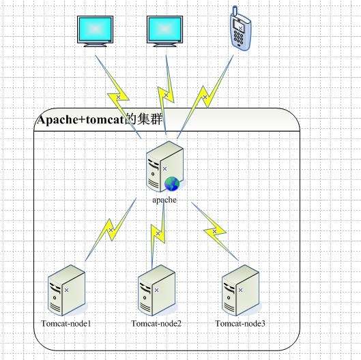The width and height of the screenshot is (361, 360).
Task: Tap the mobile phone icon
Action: [240, 29]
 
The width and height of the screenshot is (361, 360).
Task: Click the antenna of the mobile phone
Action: [234, 11]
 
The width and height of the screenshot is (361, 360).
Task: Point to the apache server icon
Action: [165, 166]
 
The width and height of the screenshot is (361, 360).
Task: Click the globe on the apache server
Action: [172, 183]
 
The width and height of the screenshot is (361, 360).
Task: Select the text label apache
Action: [164, 200]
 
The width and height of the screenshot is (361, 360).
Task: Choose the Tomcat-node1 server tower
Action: [67, 290]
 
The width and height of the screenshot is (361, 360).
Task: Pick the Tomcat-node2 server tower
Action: [157, 290]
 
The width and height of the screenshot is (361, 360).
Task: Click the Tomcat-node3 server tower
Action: [241, 290]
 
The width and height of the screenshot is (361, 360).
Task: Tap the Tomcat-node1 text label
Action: [66, 323]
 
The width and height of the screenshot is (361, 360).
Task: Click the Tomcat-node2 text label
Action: [156, 323]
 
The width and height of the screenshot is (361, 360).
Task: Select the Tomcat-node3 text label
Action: [240, 323]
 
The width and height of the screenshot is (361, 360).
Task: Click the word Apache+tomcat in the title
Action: [81, 120]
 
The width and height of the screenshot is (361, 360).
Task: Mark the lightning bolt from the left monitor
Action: [118, 97]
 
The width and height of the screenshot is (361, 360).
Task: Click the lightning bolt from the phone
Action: [205, 97]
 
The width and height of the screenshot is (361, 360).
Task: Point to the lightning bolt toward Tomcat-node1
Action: [111, 230]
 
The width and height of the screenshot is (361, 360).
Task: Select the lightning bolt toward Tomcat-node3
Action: [214, 231]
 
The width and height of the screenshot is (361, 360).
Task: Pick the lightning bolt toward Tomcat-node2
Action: [158, 233]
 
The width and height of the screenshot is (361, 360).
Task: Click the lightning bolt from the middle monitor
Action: [166, 95]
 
